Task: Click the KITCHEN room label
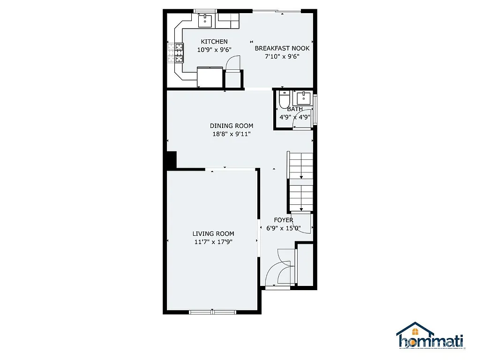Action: click(214, 42)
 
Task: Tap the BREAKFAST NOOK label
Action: click(282, 48)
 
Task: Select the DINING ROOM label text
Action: click(231, 126)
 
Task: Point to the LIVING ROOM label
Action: click(213, 233)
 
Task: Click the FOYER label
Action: click(284, 220)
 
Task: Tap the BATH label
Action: click(295, 109)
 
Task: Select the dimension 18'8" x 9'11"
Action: click(231, 134)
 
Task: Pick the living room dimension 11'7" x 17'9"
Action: click(213, 242)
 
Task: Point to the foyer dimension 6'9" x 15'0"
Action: click(284, 229)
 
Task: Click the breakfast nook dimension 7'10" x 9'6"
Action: click(282, 56)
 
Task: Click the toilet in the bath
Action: click(284, 100)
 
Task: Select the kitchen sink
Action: click(205, 21)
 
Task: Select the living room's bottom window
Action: click(212, 311)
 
